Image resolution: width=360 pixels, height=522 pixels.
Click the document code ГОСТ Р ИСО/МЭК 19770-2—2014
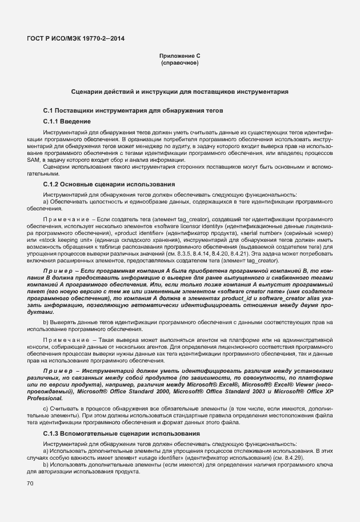[75, 39]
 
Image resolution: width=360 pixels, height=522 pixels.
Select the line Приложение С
[179, 55]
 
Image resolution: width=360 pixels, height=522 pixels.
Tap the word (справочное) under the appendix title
[179, 62]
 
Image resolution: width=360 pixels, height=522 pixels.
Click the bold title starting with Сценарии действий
[179, 91]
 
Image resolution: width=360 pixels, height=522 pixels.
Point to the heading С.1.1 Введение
[66, 121]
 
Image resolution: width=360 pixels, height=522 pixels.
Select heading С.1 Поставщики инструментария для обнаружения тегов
[129, 110]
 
